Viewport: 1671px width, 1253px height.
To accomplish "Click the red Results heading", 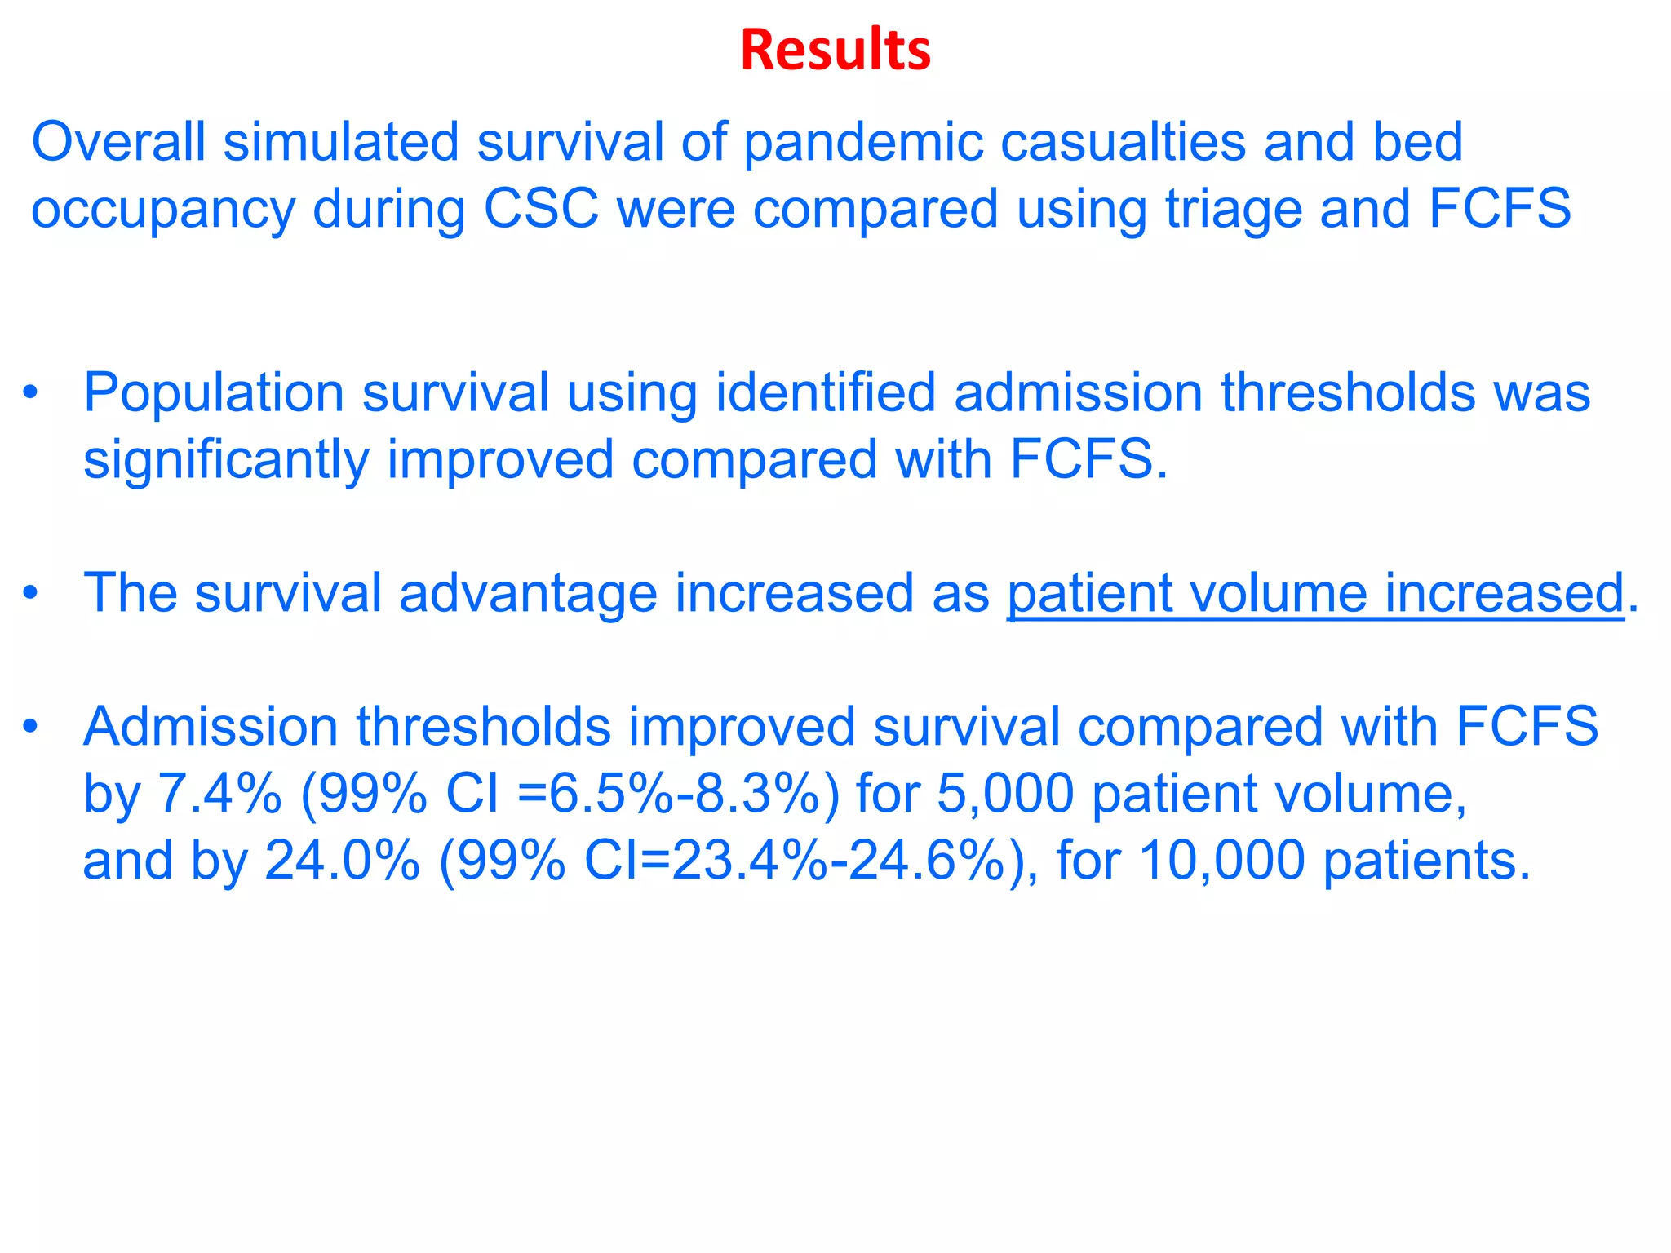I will tap(835, 51).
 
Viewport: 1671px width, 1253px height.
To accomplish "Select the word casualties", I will tap(1123, 142).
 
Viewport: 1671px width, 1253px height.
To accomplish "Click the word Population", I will tap(213, 394).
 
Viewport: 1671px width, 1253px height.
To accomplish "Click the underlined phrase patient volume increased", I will tap(1315, 594).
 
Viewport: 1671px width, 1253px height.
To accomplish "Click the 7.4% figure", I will tap(219, 794).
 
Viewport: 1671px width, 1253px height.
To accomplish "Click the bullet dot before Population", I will tap(30, 392).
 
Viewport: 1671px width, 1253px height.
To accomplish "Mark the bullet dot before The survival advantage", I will tap(30, 593).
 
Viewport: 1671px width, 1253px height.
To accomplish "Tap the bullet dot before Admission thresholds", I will tap(30, 726).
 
